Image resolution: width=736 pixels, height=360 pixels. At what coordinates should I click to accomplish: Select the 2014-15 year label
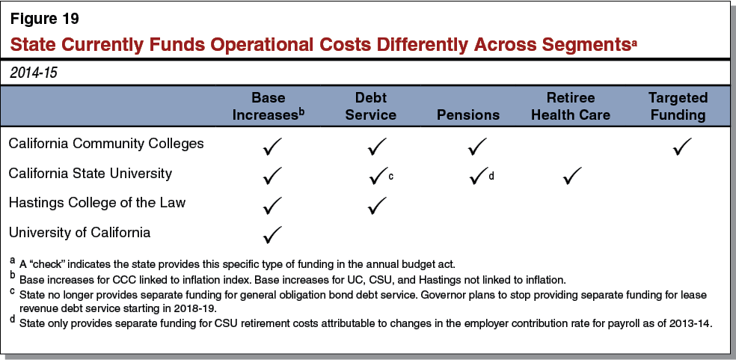click(34, 73)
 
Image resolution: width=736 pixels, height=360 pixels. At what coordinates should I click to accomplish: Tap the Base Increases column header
click(269, 106)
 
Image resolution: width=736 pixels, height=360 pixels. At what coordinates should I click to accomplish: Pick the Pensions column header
click(468, 115)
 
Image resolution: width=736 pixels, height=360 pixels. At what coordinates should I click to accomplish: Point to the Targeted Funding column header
click(678, 106)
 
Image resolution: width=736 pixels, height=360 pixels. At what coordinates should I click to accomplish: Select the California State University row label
click(90, 173)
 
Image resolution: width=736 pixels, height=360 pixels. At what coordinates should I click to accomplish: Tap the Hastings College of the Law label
click(96, 202)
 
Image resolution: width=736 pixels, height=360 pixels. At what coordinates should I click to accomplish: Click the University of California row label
click(79, 232)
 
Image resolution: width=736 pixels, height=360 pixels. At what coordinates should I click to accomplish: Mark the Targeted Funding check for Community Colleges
click(681, 146)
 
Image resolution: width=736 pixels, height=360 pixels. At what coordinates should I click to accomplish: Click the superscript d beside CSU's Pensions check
click(491, 177)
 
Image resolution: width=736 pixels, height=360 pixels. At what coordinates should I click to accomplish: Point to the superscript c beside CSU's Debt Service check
click(390, 177)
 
